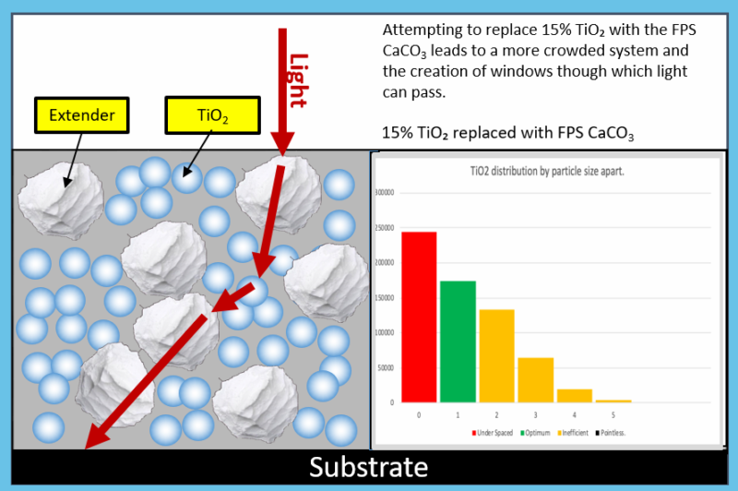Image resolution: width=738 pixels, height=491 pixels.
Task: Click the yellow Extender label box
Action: [x=82, y=114]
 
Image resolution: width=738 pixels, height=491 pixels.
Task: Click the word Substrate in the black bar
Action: [x=369, y=467]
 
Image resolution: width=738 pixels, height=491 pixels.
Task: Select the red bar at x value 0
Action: [x=419, y=317]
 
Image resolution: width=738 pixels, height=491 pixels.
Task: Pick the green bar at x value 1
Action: [x=458, y=341]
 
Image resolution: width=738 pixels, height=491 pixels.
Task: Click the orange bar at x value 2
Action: [x=496, y=355]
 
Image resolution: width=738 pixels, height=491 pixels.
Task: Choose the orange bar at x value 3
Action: [x=535, y=379]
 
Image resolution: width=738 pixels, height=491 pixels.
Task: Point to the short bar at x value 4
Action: [x=574, y=396]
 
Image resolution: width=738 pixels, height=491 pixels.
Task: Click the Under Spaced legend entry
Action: [x=493, y=432]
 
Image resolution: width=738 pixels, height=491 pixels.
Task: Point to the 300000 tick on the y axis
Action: [x=387, y=194]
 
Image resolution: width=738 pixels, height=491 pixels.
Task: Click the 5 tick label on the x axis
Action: [x=613, y=416]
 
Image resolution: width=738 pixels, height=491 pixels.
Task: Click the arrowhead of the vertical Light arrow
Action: [x=281, y=142]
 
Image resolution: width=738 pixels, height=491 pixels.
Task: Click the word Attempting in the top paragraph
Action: [x=418, y=28]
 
